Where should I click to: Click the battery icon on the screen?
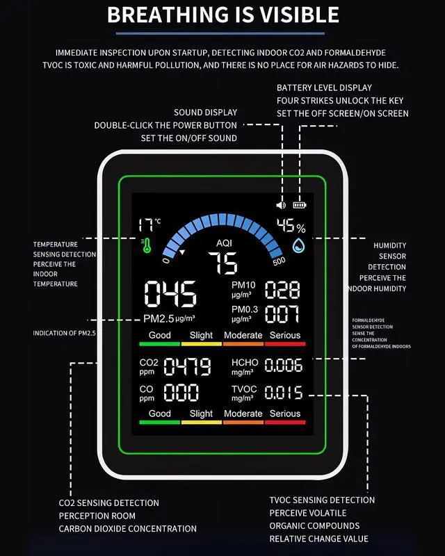click(300, 206)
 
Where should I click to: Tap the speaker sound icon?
click(281, 206)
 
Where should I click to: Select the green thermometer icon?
click(146, 245)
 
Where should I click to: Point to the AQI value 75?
click(223, 264)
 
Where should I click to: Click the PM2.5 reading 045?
click(170, 295)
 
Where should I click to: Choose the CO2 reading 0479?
click(187, 366)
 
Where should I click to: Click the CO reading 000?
click(181, 393)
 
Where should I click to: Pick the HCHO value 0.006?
click(284, 366)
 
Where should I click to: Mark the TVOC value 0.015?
click(284, 393)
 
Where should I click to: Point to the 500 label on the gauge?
click(279, 261)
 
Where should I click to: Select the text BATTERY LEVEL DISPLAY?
click(324, 88)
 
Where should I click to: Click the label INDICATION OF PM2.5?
click(64, 334)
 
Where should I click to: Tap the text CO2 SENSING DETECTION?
click(108, 502)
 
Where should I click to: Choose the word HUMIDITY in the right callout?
click(389, 245)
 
